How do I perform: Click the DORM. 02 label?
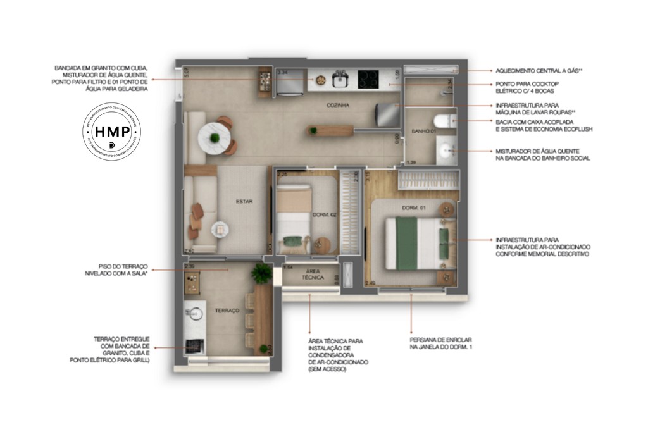[x=324, y=215]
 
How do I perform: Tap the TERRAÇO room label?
[x=227, y=311]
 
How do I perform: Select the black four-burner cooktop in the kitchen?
[x=368, y=79]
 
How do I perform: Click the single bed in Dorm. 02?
[x=294, y=218]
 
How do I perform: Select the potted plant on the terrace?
[x=260, y=273]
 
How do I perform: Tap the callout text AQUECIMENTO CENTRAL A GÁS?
[x=538, y=71]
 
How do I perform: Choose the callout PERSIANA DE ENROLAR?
[x=440, y=343]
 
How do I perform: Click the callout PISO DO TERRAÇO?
[x=121, y=269]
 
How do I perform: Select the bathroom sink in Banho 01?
[x=447, y=150]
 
